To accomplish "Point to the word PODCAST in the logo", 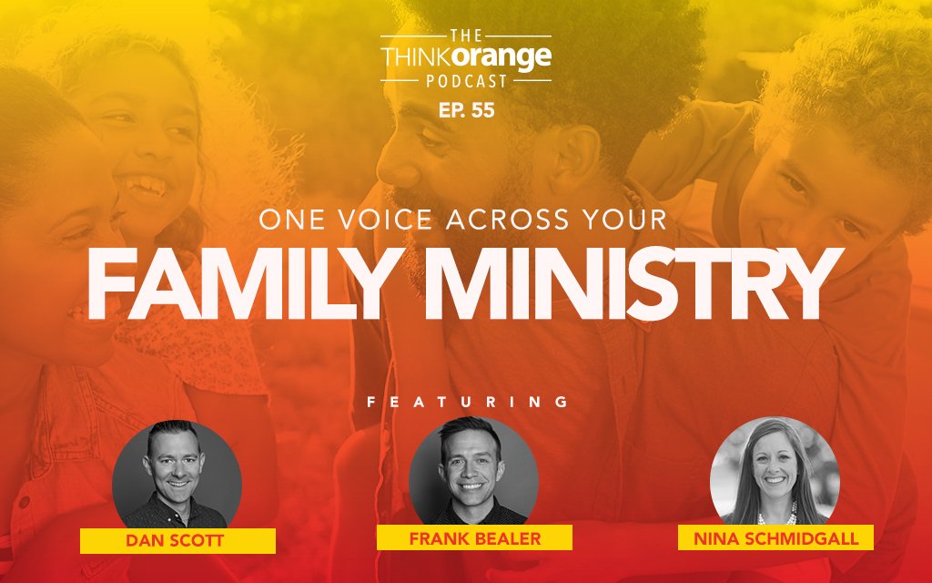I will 465,81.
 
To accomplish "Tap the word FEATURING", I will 466,401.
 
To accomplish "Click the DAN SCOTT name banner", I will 177,541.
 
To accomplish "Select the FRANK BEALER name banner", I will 474,537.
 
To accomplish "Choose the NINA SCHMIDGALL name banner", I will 775,537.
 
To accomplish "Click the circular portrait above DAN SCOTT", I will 177,473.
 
